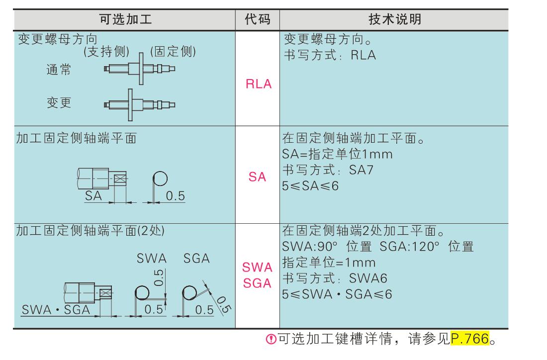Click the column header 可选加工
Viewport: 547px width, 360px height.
click(125, 19)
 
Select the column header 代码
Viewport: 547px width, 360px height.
click(258, 19)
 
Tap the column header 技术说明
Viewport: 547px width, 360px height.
click(395, 19)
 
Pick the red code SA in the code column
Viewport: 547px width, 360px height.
click(258, 177)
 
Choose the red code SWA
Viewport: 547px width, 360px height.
click(258, 268)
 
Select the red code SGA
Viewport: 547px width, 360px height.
click(258, 283)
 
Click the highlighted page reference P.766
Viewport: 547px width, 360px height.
click(469, 341)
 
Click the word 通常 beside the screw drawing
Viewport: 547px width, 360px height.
click(59, 70)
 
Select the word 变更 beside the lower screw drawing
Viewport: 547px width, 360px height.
click(59, 102)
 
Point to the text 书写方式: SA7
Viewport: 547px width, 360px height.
click(328, 171)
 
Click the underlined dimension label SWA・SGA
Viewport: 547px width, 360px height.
click(55, 310)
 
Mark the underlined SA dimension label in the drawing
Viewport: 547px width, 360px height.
click(93, 196)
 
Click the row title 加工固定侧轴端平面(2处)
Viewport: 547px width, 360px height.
click(91, 231)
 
